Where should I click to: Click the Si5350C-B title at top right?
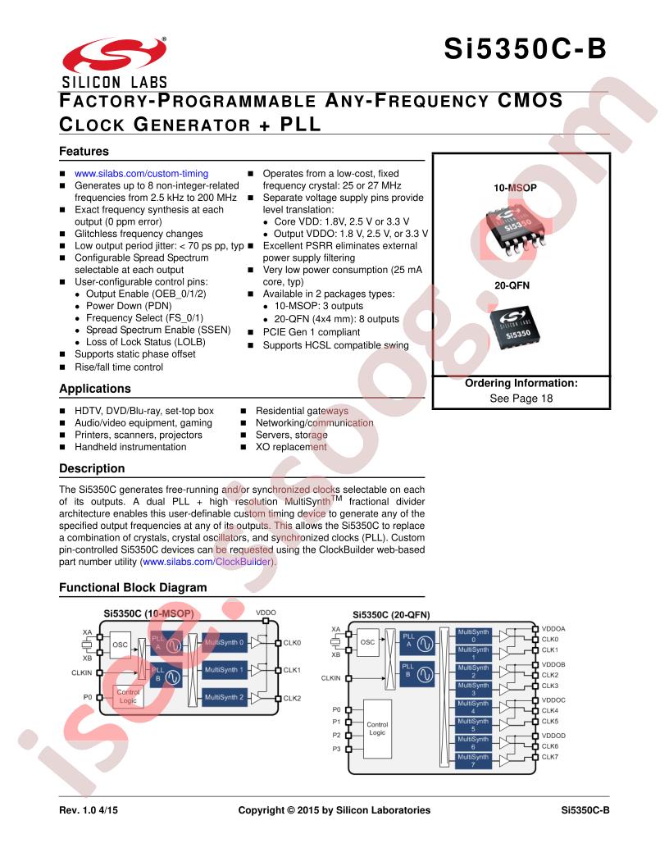click(x=526, y=49)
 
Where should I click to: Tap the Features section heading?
click(x=84, y=152)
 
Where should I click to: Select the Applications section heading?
click(x=95, y=389)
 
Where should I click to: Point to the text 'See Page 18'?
click(x=521, y=399)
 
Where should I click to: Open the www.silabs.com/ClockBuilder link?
click(x=208, y=563)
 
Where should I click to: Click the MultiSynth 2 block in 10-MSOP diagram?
click(x=225, y=698)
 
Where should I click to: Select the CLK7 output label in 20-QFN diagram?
click(x=550, y=757)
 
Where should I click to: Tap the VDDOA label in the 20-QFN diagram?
click(x=553, y=628)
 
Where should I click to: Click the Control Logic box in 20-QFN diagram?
click(x=377, y=728)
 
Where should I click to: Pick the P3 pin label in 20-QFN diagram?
click(x=335, y=748)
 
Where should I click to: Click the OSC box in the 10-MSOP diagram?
click(x=121, y=645)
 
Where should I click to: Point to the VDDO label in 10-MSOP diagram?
click(x=266, y=613)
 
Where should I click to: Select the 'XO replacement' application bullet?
click(x=291, y=447)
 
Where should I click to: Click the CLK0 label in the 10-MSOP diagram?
click(x=293, y=643)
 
